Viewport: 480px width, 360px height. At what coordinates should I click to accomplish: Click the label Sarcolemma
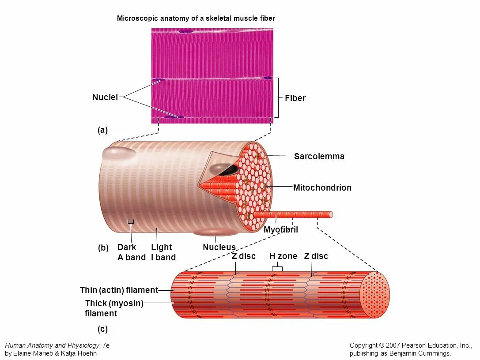[319, 156]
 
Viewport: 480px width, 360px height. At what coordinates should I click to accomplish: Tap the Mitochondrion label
[322, 187]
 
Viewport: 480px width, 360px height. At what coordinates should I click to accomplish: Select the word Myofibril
[281, 230]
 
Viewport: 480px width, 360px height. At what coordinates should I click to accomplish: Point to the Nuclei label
[105, 97]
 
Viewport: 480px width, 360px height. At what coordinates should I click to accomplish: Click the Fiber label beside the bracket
[295, 98]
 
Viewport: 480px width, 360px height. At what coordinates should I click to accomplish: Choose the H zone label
[283, 256]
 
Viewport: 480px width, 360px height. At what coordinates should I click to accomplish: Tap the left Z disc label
[244, 256]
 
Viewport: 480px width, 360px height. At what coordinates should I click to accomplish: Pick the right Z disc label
[316, 256]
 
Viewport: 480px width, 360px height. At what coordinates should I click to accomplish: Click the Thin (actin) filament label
[119, 290]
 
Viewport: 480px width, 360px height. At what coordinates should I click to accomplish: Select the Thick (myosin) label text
[114, 303]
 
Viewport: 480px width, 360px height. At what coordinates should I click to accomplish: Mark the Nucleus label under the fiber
[219, 247]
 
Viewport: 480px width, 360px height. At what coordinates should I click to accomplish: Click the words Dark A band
[131, 252]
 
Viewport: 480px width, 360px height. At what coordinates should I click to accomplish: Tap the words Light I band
[163, 252]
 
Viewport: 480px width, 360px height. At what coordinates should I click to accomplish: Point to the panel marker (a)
[102, 130]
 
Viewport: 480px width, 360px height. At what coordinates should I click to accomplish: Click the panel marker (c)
[102, 329]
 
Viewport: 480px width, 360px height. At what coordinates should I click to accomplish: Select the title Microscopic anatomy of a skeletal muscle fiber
[196, 19]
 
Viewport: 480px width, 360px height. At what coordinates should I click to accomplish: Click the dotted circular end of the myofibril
[375, 295]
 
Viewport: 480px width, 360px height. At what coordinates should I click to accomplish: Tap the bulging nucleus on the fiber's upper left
[119, 153]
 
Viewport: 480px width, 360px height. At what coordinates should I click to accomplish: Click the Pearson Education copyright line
[410, 345]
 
